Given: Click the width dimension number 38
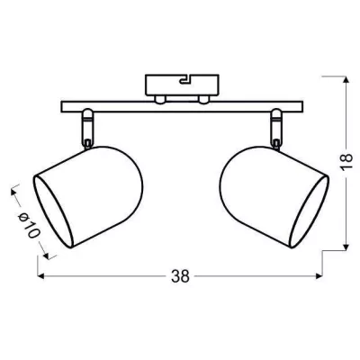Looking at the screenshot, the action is [x=181, y=276].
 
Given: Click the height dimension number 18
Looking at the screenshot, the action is [x=346, y=162].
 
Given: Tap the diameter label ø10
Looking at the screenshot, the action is [x=29, y=225].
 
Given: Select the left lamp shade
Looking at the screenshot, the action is [x=87, y=197].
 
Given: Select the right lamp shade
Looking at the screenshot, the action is [x=274, y=197].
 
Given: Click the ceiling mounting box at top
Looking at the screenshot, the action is [x=182, y=85].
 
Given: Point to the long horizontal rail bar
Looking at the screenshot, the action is [x=182, y=107].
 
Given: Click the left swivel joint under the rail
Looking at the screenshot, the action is [x=87, y=129].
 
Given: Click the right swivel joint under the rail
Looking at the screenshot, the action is [x=276, y=129].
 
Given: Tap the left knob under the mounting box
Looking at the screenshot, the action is [x=160, y=100].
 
